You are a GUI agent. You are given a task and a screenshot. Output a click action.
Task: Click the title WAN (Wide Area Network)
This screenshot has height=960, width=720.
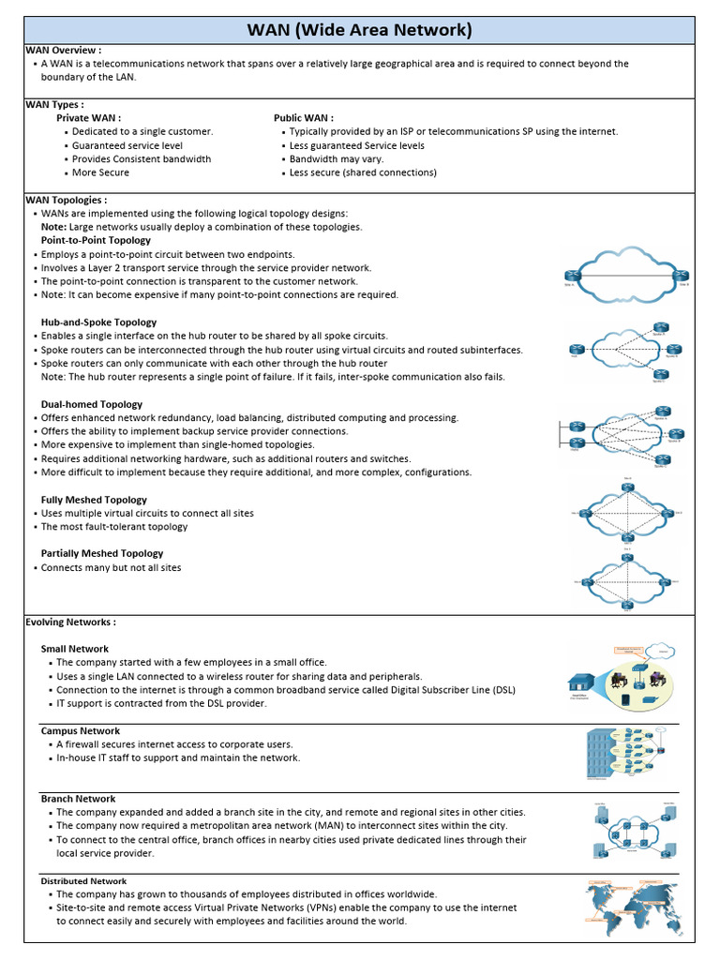pos(359,30)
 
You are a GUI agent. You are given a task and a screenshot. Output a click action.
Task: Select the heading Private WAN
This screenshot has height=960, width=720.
pos(88,118)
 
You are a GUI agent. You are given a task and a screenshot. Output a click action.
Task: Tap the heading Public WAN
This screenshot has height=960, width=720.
pos(303,118)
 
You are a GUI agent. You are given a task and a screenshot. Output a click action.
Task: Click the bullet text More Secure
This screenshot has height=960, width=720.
pos(100,172)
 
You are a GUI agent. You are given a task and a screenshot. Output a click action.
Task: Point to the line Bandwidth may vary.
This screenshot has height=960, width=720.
pos(337,159)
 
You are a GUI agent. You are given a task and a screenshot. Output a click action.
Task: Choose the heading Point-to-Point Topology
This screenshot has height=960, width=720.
pos(96,241)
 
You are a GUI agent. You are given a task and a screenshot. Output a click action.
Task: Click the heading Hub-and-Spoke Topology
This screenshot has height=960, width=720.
pos(98,322)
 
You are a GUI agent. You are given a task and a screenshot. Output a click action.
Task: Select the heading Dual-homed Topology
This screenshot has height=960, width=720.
pos(92,404)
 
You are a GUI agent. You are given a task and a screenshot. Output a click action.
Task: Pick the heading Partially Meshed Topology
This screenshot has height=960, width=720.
pos(102,553)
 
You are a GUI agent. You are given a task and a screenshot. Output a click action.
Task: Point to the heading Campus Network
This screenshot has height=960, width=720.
pos(81,730)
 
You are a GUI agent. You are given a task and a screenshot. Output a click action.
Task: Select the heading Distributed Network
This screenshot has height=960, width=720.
pos(83,881)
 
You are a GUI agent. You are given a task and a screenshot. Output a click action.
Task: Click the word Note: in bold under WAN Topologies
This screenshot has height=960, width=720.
pos(54,227)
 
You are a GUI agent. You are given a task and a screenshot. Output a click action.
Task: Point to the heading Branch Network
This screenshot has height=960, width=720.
pos(78,799)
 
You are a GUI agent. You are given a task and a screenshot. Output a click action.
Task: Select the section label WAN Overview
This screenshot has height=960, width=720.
pos(63,50)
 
